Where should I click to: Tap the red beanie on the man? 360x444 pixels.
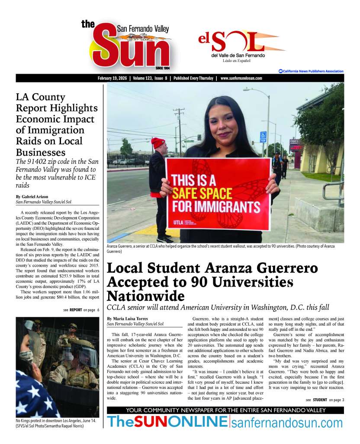coord(158,143)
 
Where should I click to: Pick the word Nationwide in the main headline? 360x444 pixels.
coord(145,297)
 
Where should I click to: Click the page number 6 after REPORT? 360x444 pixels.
coord(98,310)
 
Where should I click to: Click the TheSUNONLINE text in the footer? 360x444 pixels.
coord(167,421)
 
